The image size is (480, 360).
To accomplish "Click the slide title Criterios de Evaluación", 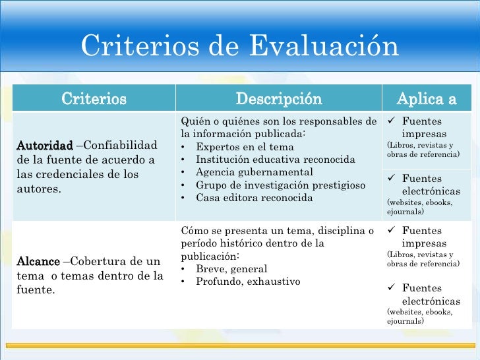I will click(x=240, y=46).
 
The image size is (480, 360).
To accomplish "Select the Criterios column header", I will click(x=94, y=99).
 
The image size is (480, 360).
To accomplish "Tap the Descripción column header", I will click(x=279, y=99).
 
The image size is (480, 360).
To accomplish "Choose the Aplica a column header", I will click(x=426, y=99).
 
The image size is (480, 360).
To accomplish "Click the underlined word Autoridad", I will click(x=44, y=144).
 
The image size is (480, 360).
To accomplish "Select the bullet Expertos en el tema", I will click(x=245, y=147).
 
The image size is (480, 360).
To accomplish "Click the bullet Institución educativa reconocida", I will click(x=276, y=160).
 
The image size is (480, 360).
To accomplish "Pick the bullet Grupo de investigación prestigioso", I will click(x=281, y=185).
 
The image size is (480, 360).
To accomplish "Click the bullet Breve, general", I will click(x=231, y=269).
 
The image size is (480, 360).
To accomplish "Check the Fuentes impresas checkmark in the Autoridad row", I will click(x=390, y=121).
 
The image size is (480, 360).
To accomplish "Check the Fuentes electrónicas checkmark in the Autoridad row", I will click(x=390, y=178).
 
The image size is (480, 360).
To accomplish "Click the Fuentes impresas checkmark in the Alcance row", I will click(x=390, y=231).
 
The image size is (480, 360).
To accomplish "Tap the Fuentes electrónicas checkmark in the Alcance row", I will click(x=390, y=288).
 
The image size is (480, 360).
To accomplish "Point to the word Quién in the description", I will click(x=195, y=121).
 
